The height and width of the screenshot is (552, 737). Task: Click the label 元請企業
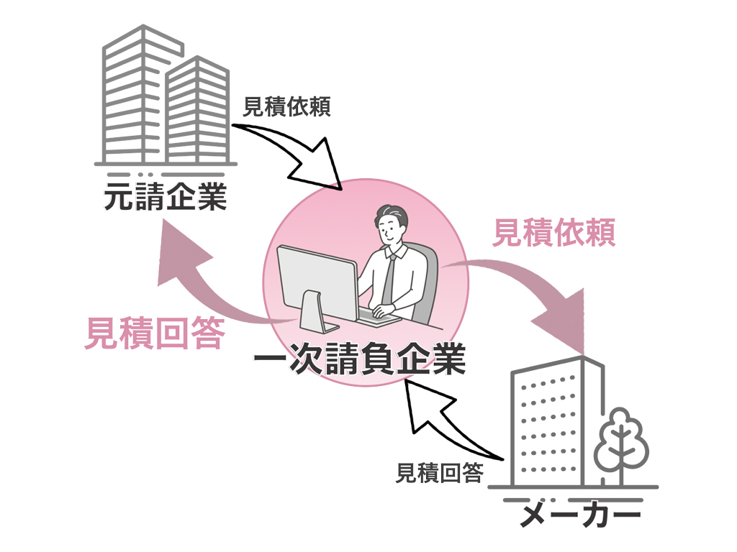tap(166, 197)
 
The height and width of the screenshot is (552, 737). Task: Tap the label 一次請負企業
tap(360, 359)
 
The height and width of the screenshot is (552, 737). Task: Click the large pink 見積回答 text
tap(154, 334)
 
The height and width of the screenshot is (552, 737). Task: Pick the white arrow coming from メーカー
tap(446, 424)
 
